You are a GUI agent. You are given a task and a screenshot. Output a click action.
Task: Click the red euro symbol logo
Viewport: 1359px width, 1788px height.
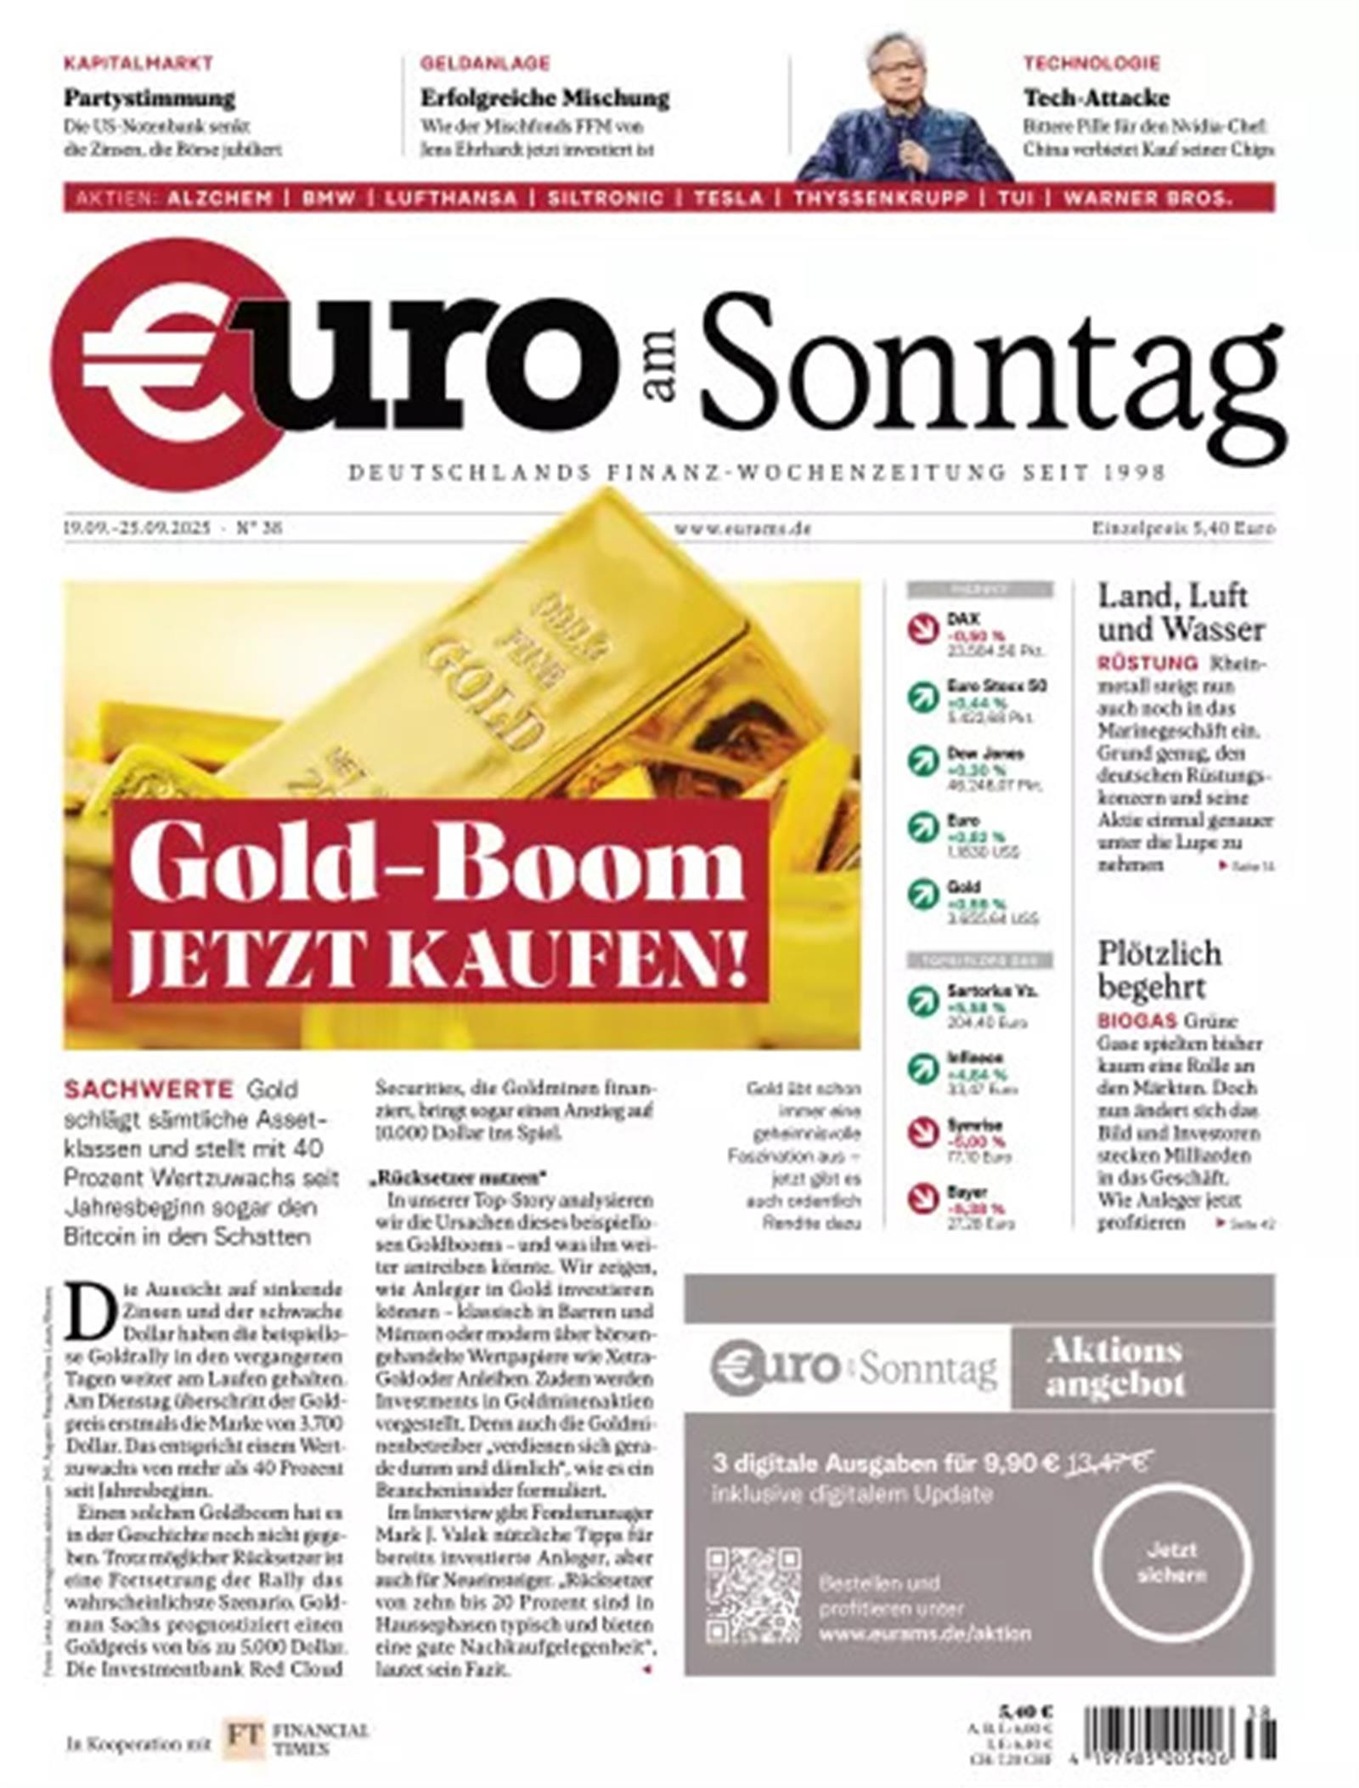tap(166, 365)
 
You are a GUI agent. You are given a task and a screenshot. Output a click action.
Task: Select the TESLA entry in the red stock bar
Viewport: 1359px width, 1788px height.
tap(728, 198)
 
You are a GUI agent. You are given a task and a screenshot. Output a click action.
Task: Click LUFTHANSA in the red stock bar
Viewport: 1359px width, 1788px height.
tap(450, 198)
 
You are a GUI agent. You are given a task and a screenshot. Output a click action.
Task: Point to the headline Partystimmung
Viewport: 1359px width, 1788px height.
tap(149, 99)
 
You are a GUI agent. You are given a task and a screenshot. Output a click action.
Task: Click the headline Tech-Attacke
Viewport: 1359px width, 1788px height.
tap(1096, 98)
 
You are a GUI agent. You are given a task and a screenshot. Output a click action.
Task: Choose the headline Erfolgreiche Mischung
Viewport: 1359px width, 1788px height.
tap(544, 99)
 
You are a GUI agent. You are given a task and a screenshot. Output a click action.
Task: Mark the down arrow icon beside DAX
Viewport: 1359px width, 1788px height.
tap(923, 629)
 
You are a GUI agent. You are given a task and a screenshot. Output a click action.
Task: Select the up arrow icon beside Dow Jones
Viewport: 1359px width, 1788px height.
tap(923, 761)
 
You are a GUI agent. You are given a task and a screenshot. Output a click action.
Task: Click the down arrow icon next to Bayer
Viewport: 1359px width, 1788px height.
tap(923, 1198)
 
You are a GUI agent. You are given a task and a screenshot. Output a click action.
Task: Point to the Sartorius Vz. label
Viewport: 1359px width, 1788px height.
tap(992, 991)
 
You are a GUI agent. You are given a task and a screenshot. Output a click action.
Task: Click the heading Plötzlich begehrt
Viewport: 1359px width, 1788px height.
tap(1159, 970)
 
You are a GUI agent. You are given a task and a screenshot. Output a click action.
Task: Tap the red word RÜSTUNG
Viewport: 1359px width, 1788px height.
tap(1147, 663)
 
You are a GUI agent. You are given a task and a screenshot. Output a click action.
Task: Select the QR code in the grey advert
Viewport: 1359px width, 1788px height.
tap(753, 1595)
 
